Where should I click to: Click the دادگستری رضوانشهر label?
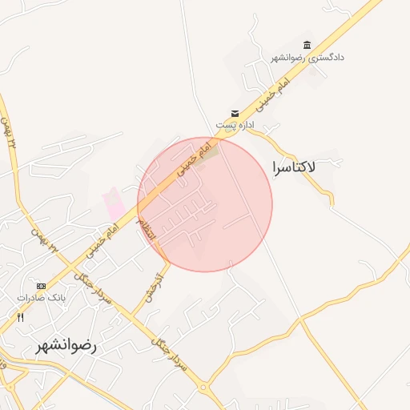click(307, 58)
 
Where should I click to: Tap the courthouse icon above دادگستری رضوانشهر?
click(307, 45)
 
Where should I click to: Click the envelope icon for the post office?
click(235, 113)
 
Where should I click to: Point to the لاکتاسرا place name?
click(294, 167)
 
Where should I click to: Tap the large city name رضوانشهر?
click(66, 346)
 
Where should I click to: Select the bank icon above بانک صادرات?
click(41, 286)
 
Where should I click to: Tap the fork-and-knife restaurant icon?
click(21, 317)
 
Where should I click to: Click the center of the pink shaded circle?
click(205, 204)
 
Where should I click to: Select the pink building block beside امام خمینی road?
click(115, 201)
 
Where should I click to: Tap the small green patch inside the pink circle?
click(209, 152)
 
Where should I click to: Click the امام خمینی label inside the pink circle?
click(190, 161)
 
